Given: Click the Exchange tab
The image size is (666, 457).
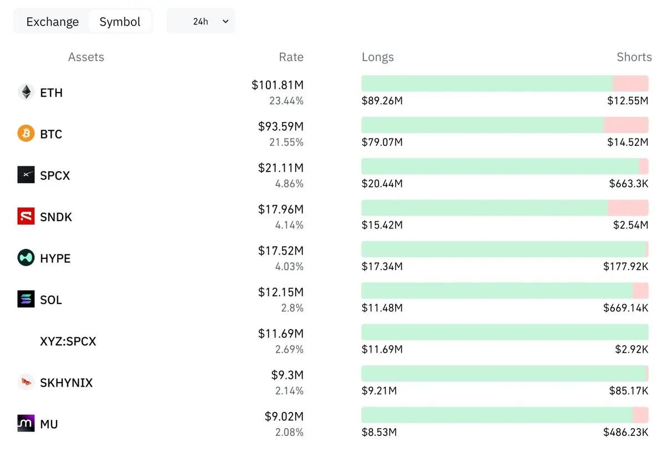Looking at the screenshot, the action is pos(52,22).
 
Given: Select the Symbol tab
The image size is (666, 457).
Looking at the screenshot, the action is pos(120,22).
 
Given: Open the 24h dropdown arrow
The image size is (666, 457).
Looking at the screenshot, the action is pos(226,22).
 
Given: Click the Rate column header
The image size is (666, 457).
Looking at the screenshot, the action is pos(291,57).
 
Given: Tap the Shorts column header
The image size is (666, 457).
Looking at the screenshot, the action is pos(634,57).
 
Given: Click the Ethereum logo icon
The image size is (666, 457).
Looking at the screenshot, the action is pos(26,92).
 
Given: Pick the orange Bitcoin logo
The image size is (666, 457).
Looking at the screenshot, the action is pos(26,133).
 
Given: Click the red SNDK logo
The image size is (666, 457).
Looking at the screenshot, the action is pos(26,216).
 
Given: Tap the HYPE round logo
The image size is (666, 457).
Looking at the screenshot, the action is pos(26,257).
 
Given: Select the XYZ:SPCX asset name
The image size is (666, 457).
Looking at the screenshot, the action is pos(68,342).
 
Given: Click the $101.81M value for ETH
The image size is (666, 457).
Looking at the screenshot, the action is pos(277,85).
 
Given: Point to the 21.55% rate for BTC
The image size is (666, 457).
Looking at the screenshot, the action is pos(286,143).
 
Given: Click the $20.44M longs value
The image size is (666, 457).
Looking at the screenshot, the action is pos(382,184).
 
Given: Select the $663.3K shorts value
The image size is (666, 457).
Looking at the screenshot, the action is pos(628,184).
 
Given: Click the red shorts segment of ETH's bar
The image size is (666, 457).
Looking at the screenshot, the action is pos(630,84).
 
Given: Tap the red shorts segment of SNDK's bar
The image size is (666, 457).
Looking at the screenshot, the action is pos(628,207).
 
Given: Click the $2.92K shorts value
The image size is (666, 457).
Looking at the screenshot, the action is pos(632,349).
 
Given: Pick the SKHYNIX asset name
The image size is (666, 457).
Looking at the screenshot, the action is pos(66,383).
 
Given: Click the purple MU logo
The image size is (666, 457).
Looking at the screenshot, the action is pos(26,423).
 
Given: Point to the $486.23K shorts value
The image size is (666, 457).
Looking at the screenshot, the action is pos(625,432).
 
